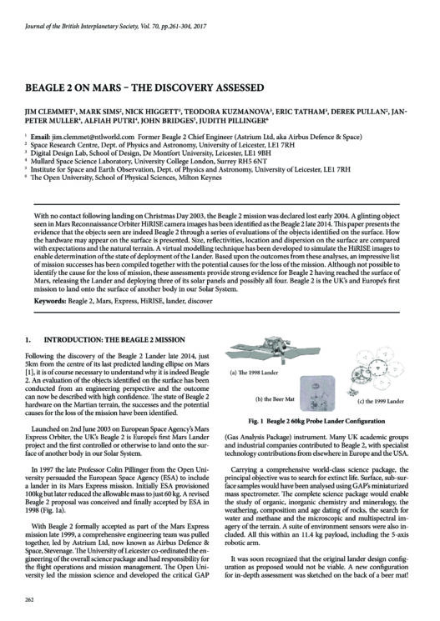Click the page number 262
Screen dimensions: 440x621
pyautogui.click(x=29, y=599)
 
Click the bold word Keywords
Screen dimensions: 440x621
pyautogui.click(x=50, y=301)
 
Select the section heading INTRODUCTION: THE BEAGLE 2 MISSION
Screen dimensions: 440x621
pyautogui.click(x=114, y=340)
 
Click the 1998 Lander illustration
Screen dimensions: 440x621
pyautogui.click(x=273, y=350)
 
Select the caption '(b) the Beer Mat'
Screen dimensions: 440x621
pyautogui.click(x=274, y=399)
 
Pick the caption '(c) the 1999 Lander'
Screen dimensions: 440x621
pyautogui.click(x=381, y=401)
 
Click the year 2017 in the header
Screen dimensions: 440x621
pyautogui.click(x=200, y=27)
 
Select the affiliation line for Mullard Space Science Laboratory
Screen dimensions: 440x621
pyautogui.click(x=149, y=162)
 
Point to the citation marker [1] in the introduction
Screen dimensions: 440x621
pyautogui.click(x=28, y=373)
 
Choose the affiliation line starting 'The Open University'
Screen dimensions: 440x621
pyautogui.click(x=126, y=178)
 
